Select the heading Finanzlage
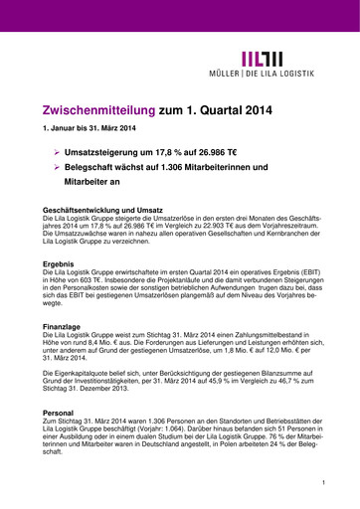pyautogui.click(x=62, y=326)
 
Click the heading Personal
pyautogui.click(x=59, y=411)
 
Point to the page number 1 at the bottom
pyautogui.click(x=323, y=482)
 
